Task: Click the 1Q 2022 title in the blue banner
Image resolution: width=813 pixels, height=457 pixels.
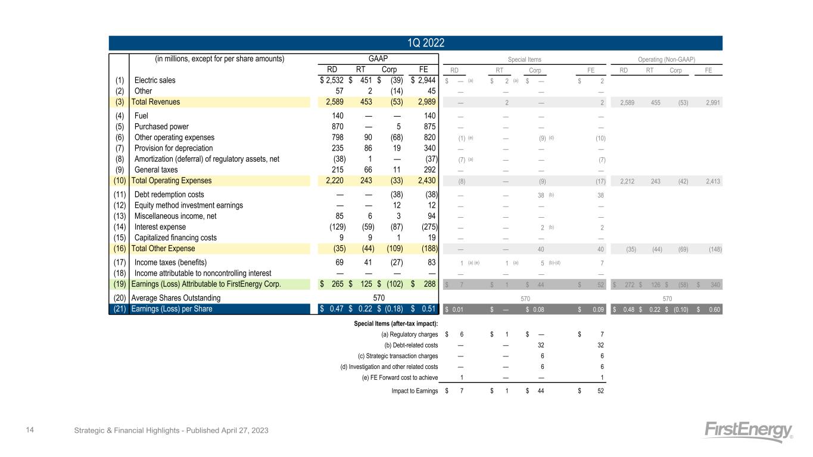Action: [x=415, y=43]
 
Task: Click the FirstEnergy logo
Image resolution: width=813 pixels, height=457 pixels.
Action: [x=749, y=431]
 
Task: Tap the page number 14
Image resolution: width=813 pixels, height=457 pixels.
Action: [x=27, y=430]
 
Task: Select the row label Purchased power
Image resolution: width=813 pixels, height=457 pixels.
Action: [x=161, y=126]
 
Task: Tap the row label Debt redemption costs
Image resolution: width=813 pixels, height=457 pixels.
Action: [x=169, y=195]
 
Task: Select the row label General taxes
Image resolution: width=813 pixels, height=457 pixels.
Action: [x=157, y=170]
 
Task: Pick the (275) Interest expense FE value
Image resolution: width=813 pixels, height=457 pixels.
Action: [x=428, y=227]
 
